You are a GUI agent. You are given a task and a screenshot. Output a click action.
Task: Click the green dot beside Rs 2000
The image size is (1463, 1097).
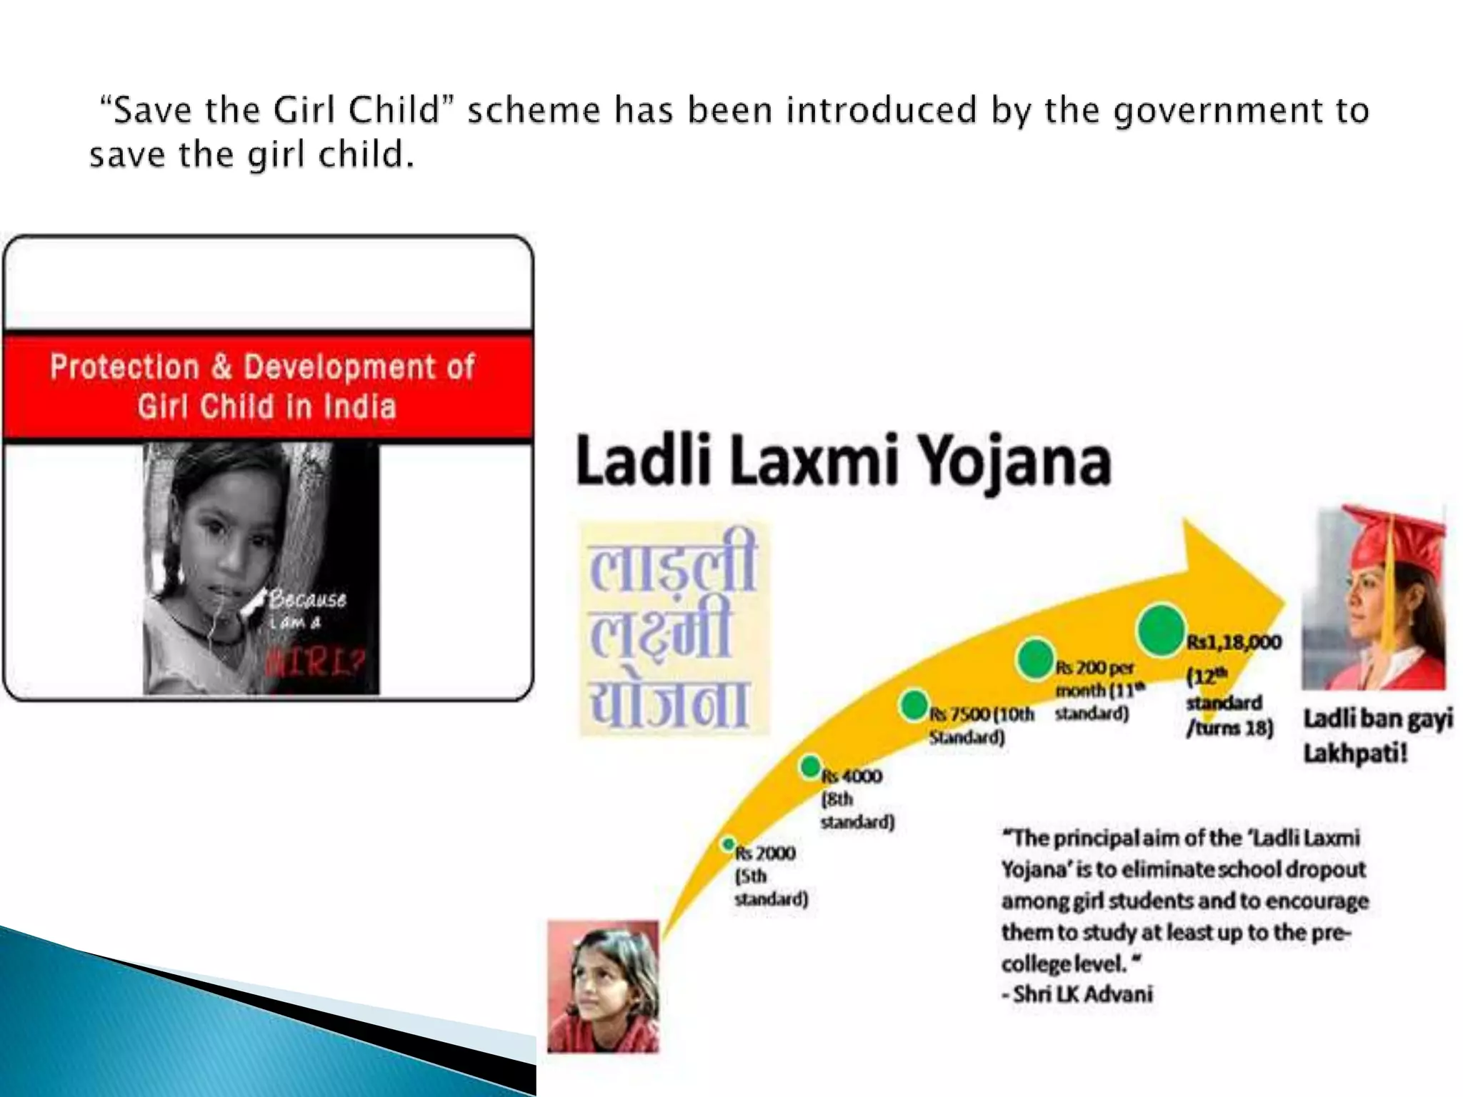pos(728,844)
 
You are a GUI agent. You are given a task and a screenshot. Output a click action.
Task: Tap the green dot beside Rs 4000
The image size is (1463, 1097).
pos(810,767)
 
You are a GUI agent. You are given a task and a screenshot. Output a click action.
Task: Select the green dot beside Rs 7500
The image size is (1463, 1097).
pos(914,706)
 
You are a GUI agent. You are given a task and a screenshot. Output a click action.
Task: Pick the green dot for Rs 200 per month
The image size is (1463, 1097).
pos(1035,658)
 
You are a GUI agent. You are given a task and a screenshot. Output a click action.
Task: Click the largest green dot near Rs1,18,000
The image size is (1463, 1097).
pos(1161,629)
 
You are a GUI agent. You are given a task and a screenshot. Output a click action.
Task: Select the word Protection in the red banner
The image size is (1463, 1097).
pos(124,367)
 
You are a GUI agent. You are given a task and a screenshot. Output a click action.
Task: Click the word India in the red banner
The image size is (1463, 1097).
pos(360,407)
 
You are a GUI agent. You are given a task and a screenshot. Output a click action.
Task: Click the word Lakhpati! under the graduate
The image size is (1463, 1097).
pos(1355,753)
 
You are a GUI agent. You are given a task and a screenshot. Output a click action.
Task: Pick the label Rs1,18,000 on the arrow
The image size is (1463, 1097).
pos(1234,642)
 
